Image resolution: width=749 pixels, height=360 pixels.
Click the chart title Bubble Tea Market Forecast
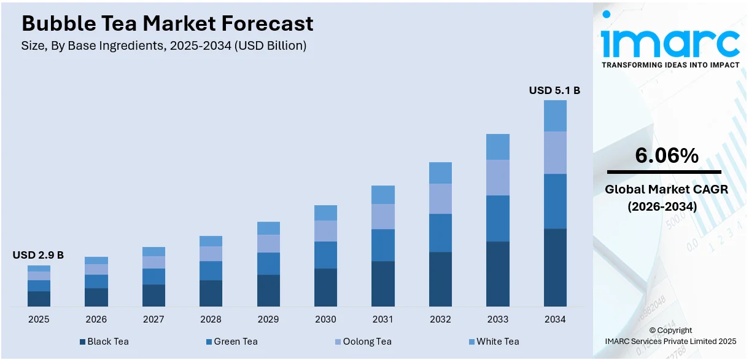167,23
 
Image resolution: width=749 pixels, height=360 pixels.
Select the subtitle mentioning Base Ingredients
164,45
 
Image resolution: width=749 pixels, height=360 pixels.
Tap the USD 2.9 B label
38,255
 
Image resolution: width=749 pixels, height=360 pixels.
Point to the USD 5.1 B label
554,90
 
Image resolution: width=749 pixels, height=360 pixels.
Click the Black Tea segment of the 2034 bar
555,267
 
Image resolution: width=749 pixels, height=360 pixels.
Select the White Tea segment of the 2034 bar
555,115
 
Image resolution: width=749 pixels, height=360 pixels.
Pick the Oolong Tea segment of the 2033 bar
497,178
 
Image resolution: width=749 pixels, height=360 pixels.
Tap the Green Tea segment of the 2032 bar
440,233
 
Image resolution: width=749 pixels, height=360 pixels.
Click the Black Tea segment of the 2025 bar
39,299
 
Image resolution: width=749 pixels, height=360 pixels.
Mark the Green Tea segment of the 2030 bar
325,255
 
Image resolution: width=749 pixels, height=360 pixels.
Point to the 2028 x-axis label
211,319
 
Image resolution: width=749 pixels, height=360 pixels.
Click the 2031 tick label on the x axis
383,319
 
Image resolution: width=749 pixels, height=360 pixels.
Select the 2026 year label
96,319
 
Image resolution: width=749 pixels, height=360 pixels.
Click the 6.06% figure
666,156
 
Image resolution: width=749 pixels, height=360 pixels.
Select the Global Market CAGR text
666,190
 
